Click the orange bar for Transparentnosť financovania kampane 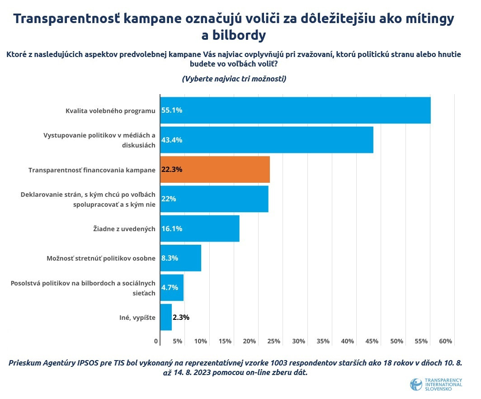point(215,170)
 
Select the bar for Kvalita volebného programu point(295,110)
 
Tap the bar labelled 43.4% point(267,140)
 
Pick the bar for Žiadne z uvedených point(200,228)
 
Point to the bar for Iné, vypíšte point(166,317)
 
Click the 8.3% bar point(181,258)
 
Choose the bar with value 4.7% point(172,288)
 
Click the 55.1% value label point(172,110)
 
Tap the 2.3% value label point(181,317)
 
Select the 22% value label point(169,199)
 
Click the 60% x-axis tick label point(445,341)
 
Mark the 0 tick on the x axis point(156,341)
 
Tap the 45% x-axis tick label point(372,341)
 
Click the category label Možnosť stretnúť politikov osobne point(101,258)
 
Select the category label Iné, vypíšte point(134,317)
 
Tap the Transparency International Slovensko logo point(436,384)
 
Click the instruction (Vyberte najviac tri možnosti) point(234,78)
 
